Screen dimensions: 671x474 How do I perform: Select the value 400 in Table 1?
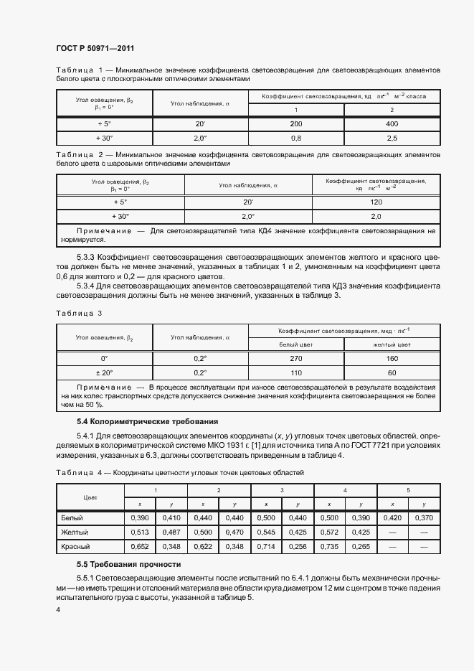pos(391,123)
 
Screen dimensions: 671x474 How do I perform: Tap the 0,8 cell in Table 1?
pos(296,137)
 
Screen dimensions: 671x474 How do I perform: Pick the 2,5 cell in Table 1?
pos(391,137)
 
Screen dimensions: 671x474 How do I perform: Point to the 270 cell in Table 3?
pos(296,358)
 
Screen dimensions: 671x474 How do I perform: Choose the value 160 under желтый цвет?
pos(391,358)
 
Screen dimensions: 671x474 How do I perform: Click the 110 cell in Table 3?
pos(296,372)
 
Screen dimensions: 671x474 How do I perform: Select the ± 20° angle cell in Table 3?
pos(105,372)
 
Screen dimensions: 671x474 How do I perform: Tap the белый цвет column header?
pos(296,344)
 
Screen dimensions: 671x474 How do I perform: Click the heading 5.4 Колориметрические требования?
pos(147,421)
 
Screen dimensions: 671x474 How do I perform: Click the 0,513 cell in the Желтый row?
pos(140,532)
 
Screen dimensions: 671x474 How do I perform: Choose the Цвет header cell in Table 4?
pos(90,497)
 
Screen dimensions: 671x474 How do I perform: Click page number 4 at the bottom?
pos(58,609)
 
